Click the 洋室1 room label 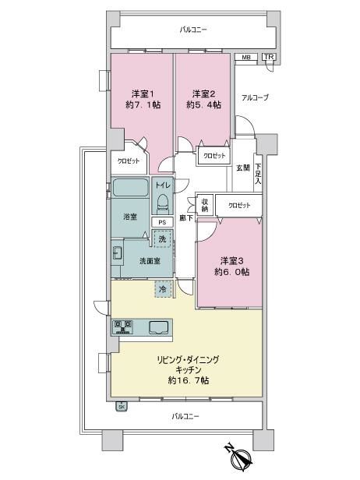pyautogui.click(x=143, y=93)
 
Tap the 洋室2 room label pyautogui.click(x=203, y=93)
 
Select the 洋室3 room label pyautogui.click(x=231, y=261)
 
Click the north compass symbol pyautogui.click(x=240, y=457)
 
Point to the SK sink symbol pyautogui.click(x=122, y=407)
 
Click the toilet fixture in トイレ pyautogui.click(x=163, y=203)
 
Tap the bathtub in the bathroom pyautogui.click(x=130, y=187)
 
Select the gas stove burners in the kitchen pyautogui.click(x=123, y=327)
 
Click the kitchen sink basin pyautogui.click(x=159, y=327)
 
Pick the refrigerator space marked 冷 pyautogui.click(x=163, y=288)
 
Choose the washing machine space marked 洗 pyautogui.click(x=162, y=238)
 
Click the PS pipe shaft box pyautogui.click(x=162, y=222)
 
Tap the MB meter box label pyautogui.click(x=246, y=57)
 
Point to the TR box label pyautogui.click(x=269, y=57)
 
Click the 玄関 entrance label pyautogui.click(x=243, y=168)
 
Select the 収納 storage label pyautogui.click(x=205, y=206)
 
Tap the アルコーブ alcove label pyautogui.click(x=255, y=97)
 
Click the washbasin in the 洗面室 pyautogui.click(x=117, y=252)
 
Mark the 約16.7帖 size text pyautogui.click(x=189, y=380)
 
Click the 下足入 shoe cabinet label pyautogui.click(x=258, y=174)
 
